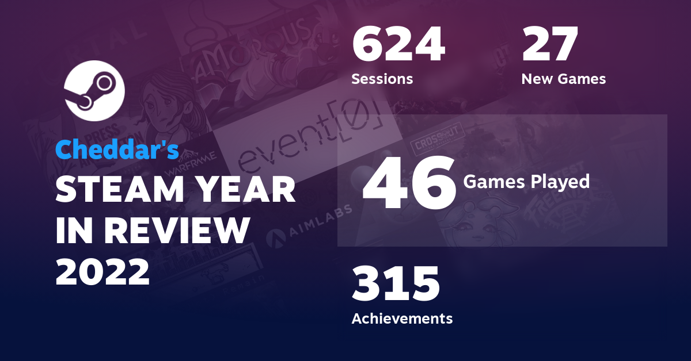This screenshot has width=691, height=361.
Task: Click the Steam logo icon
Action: (x=94, y=91)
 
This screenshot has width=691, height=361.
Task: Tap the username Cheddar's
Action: (x=117, y=149)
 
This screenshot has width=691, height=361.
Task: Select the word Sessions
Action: (x=382, y=79)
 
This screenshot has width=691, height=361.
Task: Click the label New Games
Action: (x=563, y=79)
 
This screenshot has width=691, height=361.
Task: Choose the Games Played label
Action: (x=526, y=182)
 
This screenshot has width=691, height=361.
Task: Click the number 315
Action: (x=396, y=284)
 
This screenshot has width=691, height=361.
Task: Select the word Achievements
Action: (x=402, y=318)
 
